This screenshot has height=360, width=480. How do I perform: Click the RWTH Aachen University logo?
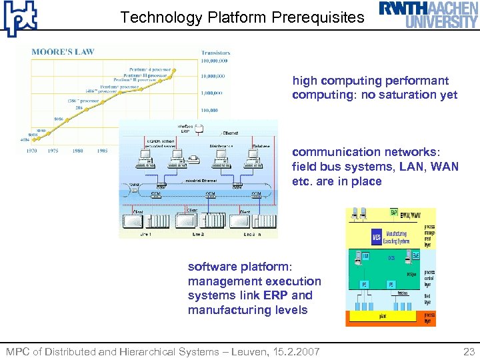pos(429,15)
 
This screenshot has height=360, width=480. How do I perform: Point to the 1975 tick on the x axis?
pos(53,151)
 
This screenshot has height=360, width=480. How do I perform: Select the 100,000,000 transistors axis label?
pos(215,60)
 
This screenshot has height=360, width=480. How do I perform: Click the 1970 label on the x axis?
pos(31,151)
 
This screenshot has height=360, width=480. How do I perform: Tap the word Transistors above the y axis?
pos(215,52)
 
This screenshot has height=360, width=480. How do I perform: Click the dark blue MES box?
pos(376,236)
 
